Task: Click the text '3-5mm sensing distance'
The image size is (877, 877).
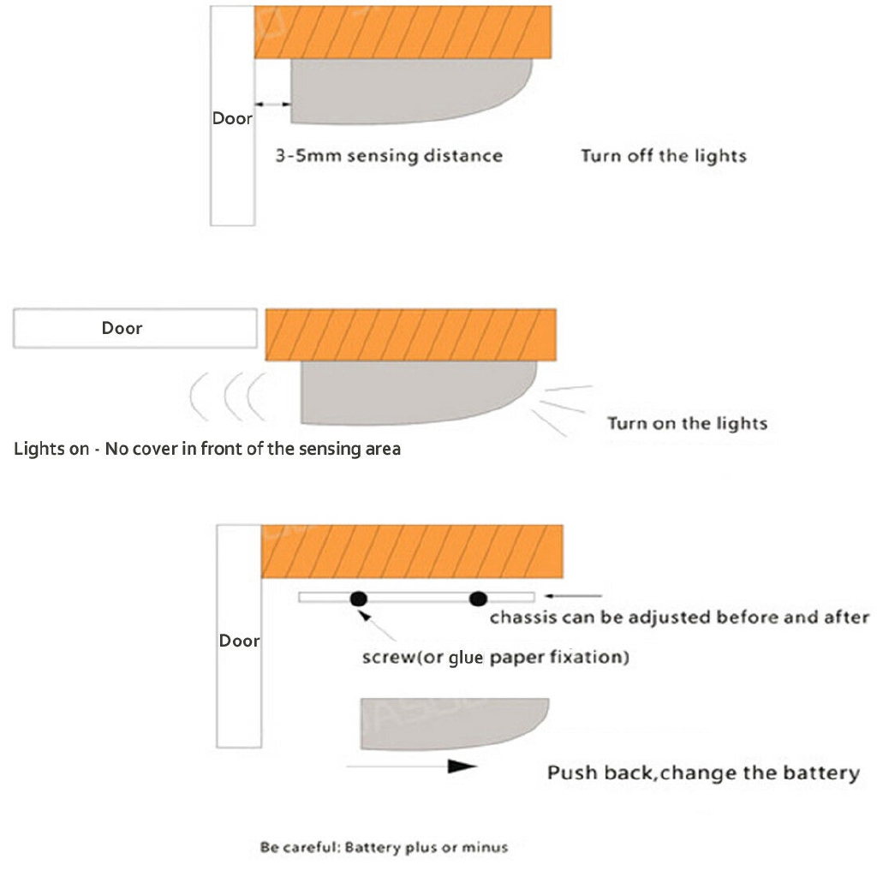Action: coord(389,156)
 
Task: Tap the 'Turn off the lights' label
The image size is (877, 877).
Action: coord(664,156)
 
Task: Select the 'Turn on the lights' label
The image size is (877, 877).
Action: coord(687,423)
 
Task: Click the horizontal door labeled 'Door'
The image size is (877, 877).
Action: coord(134,329)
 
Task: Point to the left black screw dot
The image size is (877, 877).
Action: coord(359,598)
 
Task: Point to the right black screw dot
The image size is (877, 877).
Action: coord(478,598)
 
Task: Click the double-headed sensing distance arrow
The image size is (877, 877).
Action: coord(274,104)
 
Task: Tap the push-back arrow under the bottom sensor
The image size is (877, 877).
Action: coord(411,767)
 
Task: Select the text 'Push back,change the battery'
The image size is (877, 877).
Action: coord(703,773)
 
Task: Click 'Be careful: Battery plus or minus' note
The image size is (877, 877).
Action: coord(384,847)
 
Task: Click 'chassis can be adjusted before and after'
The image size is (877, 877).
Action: coord(679,617)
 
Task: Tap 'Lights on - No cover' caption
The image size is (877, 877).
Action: coord(207,449)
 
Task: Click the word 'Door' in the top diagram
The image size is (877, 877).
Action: coord(232,118)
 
